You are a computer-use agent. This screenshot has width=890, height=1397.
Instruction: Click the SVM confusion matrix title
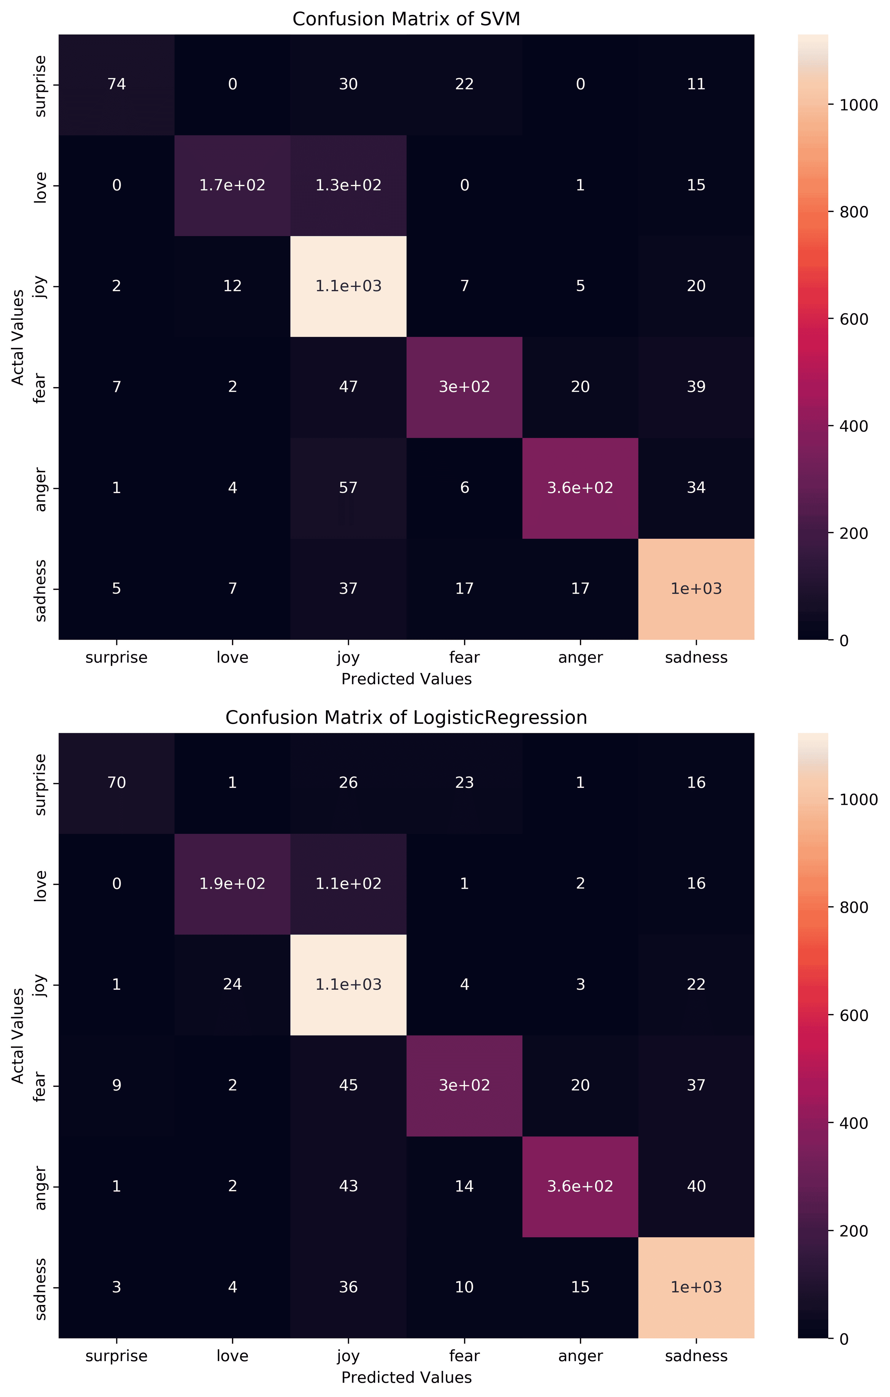[406, 19]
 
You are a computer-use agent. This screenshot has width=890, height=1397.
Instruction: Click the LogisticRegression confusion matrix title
[406, 717]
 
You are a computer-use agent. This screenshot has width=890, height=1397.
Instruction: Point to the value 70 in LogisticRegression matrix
[117, 783]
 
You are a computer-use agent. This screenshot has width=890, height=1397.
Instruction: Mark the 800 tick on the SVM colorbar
[854, 212]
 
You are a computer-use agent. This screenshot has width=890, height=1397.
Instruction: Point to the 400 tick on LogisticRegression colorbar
[854, 1123]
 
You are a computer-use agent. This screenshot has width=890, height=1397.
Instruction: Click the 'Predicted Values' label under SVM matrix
[406, 679]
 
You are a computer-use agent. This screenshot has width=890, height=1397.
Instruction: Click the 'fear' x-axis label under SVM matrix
[464, 657]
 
